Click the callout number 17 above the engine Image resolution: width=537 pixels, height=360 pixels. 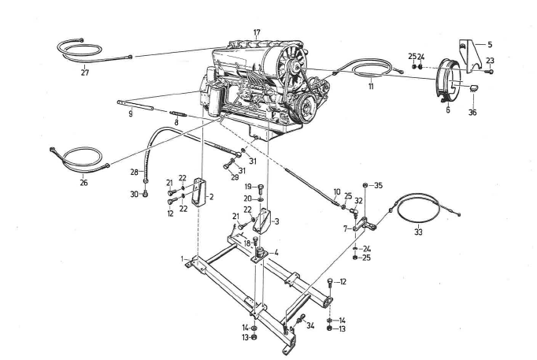point(256,32)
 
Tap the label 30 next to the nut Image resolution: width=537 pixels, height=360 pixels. point(134,194)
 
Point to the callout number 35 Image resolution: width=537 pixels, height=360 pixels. point(378,186)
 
